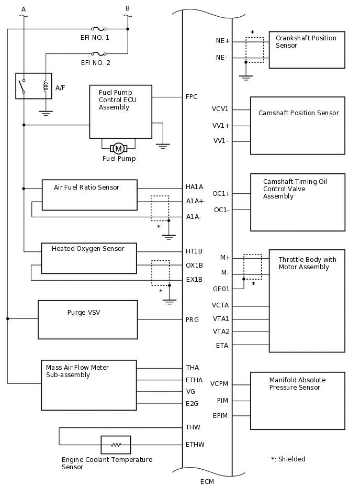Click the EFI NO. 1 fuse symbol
[x=98, y=29]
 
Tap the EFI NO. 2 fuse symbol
[x=98, y=53]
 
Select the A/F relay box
[x=34, y=86]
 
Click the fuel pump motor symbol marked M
[x=118, y=149]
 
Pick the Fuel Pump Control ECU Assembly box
[x=120, y=112]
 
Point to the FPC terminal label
[x=192, y=97]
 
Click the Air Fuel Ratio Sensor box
[x=89, y=195]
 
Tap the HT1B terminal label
[x=194, y=251]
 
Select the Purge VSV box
[x=87, y=319]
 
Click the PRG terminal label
[x=192, y=319]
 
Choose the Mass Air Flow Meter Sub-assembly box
[x=88, y=385]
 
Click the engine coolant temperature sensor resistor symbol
[x=116, y=445]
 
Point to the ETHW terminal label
[x=195, y=445]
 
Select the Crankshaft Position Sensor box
[x=307, y=50]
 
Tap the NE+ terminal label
[x=223, y=41]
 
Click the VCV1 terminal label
[x=220, y=109]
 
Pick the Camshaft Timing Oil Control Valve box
[x=297, y=202]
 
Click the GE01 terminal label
[x=221, y=289]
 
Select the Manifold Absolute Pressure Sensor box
[x=297, y=401]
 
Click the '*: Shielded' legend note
[x=288, y=459]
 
